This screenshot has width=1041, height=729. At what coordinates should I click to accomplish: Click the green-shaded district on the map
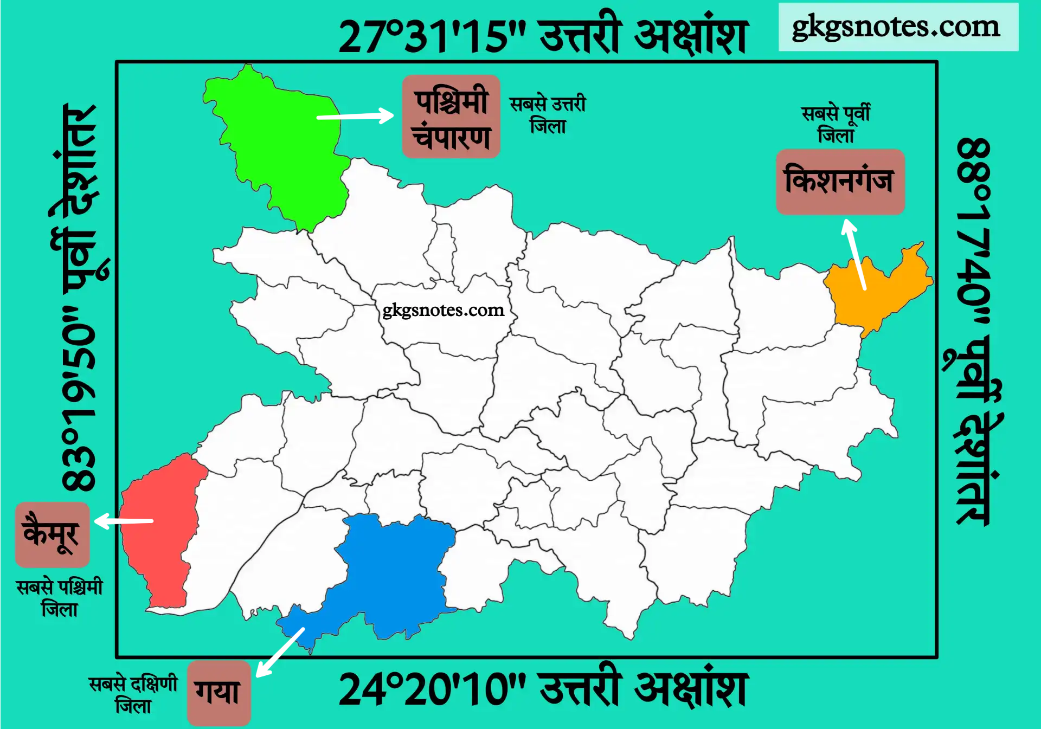282,146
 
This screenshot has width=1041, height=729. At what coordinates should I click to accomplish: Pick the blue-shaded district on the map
390,575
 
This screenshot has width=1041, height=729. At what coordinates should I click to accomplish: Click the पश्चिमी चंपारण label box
451,117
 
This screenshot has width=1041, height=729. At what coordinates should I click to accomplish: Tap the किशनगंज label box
840,182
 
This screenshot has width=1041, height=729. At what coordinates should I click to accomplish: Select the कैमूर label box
52,534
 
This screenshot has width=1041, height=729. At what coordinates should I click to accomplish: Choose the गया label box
219,693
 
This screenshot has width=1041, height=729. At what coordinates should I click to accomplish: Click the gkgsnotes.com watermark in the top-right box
898,27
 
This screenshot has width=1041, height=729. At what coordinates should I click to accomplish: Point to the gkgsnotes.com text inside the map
444,310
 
